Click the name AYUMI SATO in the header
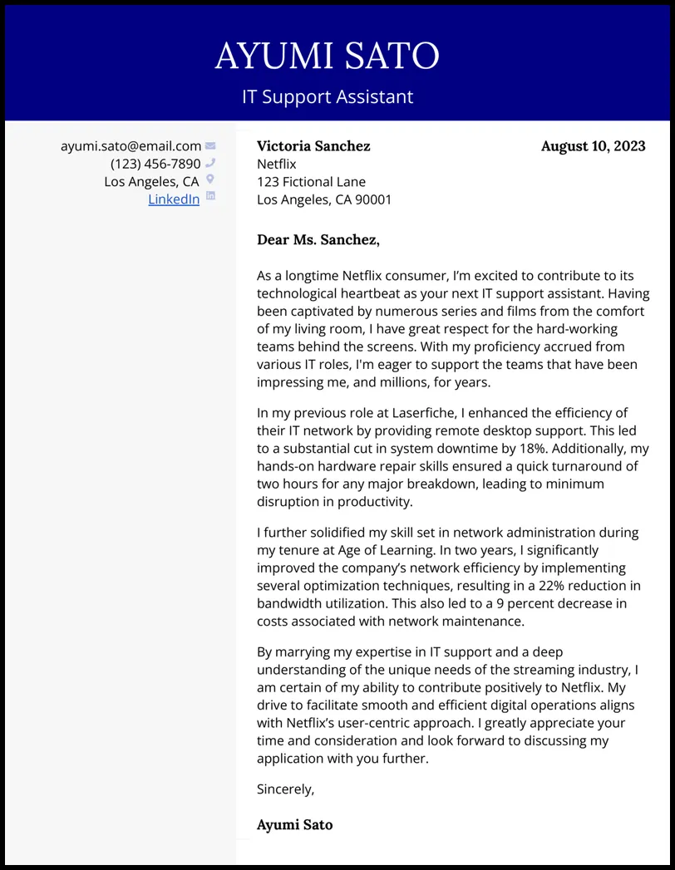[327, 56]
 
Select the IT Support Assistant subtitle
[327, 96]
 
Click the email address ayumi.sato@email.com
[131, 146]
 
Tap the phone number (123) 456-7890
[155, 164]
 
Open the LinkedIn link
[174, 199]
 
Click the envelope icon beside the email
[210, 146]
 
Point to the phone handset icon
[210, 163]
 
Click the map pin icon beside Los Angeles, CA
[210, 179]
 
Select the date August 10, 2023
[593, 146]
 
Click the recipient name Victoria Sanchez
[313, 146]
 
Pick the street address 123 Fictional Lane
[311, 182]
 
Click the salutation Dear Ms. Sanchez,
[318, 240]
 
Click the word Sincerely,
[285, 789]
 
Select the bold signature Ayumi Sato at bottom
[294, 825]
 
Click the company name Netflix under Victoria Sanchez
[276, 165]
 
